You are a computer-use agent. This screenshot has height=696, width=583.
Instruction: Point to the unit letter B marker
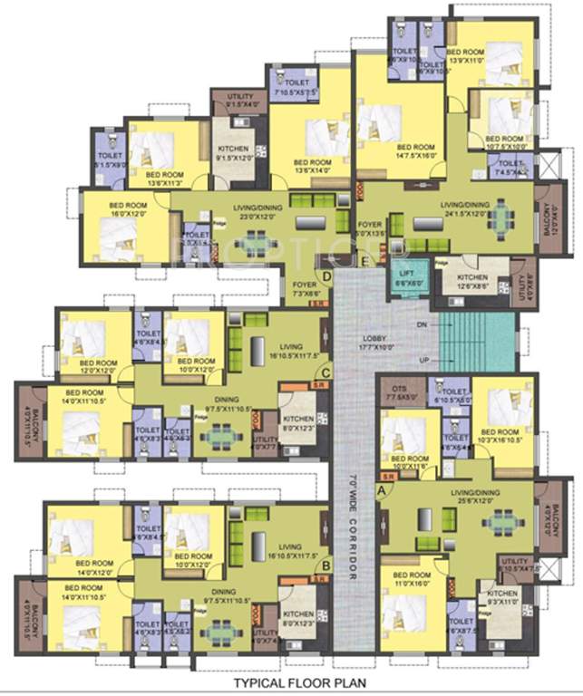pyautogui.click(x=326, y=569)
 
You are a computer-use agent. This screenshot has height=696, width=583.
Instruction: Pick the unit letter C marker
pyautogui.click(x=326, y=369)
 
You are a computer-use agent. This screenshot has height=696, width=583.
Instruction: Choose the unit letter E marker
pyautogui.click(x=364, y=262)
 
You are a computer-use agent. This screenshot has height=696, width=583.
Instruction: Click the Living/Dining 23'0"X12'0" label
pyautogui.click(x=241, y=213)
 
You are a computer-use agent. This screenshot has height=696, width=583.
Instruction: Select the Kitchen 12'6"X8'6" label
pyautogui.click(x=472, y=282)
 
